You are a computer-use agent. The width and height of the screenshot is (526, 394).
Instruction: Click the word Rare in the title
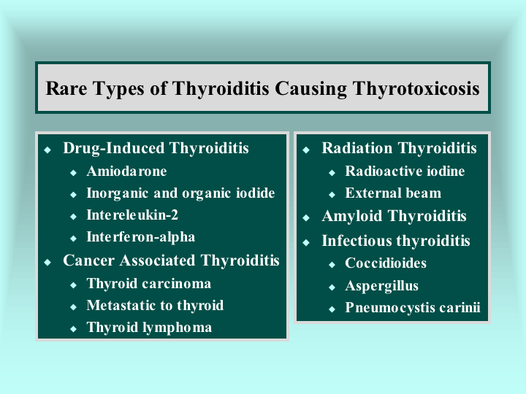coord(66,88)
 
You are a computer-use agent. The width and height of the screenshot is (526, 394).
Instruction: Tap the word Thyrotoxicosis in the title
coord(416,89)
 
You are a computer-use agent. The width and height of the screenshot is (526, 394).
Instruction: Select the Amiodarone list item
coord(126,171)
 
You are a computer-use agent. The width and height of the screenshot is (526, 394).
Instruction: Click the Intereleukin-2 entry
coord(132,215)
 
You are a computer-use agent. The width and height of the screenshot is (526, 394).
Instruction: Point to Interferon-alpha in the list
coord(140,237)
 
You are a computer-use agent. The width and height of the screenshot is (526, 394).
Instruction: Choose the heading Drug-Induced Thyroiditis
coord(156,148)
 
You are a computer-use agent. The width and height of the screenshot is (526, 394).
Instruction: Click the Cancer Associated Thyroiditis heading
coord(171,260)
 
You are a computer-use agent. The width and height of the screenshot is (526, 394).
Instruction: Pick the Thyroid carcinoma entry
coord(148,284)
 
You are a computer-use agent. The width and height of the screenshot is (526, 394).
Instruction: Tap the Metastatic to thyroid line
coord(155,305)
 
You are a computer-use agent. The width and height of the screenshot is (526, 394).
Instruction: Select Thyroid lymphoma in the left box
coord(149,328)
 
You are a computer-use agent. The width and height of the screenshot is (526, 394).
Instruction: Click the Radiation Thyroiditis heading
coord(399,147)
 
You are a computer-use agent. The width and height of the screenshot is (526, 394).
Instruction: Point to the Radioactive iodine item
coord(405,171)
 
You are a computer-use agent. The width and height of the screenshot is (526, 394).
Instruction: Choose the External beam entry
coord(393,193)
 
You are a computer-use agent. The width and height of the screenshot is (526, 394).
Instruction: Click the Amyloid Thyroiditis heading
coord(394,216)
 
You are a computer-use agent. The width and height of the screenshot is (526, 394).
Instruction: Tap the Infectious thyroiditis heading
coord(396,241)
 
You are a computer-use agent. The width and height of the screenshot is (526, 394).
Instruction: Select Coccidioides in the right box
coord(386,263)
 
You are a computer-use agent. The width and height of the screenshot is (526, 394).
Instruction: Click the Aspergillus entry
coord(382,286)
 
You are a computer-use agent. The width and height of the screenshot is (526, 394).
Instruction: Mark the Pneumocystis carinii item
coord(413,308)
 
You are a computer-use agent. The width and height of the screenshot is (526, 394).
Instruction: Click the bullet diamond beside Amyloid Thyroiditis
coord(306,217)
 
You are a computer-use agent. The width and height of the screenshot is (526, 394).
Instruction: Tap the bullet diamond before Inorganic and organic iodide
coord(74,194)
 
